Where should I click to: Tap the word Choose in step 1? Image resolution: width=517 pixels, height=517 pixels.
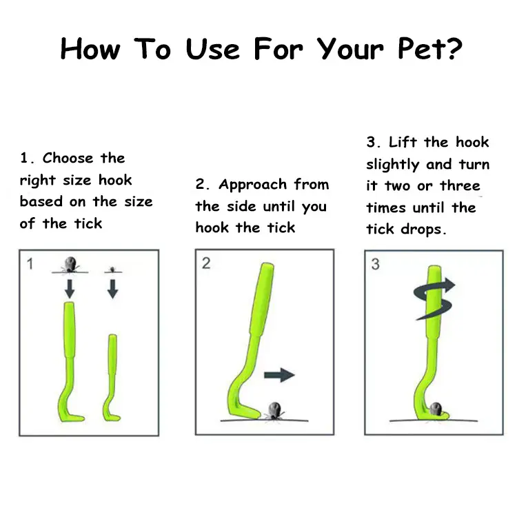[68, 158]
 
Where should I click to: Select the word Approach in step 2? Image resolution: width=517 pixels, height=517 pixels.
[252, 185]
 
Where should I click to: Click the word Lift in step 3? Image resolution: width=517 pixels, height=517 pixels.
[403, 142]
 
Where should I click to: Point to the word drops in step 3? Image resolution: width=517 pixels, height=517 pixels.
[423, 229]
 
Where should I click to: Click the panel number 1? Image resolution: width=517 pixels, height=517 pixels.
[30, 264]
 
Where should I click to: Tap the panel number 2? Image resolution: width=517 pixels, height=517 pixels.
[206, 263]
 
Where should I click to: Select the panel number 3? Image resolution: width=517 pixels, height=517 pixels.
[375, 264]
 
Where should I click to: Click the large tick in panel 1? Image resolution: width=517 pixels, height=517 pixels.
[70, 265]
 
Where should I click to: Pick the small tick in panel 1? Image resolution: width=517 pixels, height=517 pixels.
[113, 270]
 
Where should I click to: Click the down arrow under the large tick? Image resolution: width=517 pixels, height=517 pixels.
[70, 289]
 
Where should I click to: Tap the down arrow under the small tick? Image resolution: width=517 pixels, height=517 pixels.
[113, 289]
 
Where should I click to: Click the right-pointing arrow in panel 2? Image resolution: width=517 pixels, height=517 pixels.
[279, 375]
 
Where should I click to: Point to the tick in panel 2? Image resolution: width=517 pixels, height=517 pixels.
[274, 411]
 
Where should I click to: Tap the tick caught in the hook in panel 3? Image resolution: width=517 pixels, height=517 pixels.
[436, 409]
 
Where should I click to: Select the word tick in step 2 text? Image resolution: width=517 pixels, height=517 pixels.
[281, 228]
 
